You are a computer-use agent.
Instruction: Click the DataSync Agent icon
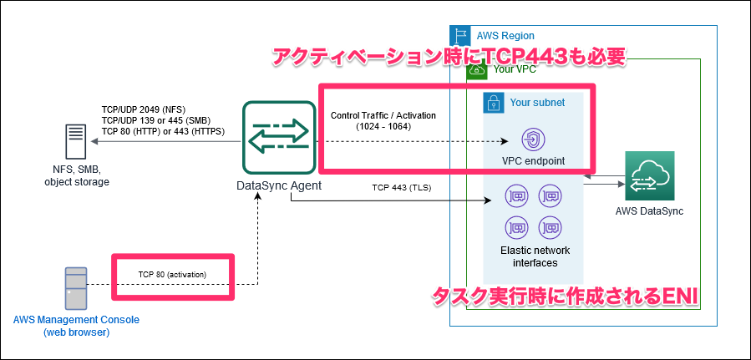275,139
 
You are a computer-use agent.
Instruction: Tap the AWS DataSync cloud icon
649,176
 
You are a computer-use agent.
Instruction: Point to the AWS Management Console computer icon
76,289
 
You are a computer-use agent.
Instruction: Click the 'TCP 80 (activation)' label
172,274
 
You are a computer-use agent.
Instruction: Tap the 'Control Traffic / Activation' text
383,115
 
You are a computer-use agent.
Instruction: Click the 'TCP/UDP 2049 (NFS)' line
145,109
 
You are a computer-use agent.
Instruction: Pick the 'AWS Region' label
505,36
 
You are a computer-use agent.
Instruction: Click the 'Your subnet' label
537,102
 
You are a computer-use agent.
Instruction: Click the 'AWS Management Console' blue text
76,320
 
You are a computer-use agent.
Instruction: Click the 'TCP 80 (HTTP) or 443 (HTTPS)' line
169,131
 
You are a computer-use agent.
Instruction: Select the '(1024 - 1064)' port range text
383,127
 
